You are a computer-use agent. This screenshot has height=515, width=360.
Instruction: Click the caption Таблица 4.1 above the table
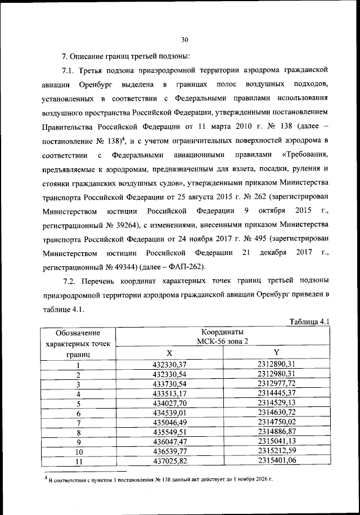[308, 321]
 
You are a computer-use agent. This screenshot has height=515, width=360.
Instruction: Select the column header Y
[276, 352]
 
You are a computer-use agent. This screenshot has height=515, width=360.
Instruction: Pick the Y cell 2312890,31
[276, 364]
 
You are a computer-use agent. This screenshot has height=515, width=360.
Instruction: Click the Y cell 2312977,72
[276, 384]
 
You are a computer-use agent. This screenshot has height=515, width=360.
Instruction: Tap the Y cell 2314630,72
[276, 413]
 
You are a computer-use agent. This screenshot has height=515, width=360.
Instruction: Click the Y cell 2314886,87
[276, 432]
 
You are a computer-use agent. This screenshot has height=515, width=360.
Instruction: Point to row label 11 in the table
[79, 462]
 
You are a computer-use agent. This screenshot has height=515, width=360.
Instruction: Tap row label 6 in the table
[79, 413]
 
